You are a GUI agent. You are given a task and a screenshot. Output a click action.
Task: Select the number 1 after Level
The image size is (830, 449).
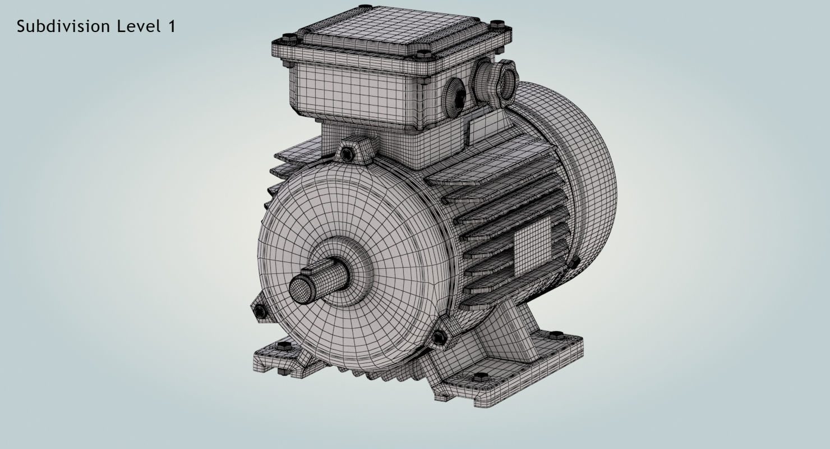[172, 26]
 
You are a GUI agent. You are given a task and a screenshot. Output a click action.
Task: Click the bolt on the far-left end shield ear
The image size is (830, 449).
[259, 310]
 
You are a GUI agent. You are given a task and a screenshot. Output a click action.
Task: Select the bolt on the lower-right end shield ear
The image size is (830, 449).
[439, 337]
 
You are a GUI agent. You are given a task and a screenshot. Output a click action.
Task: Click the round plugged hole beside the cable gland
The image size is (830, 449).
[455, 92]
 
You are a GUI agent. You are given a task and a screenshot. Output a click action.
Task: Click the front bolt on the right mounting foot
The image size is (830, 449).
[481, 376]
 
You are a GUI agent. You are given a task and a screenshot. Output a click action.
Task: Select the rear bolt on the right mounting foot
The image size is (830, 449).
[556, 335]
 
